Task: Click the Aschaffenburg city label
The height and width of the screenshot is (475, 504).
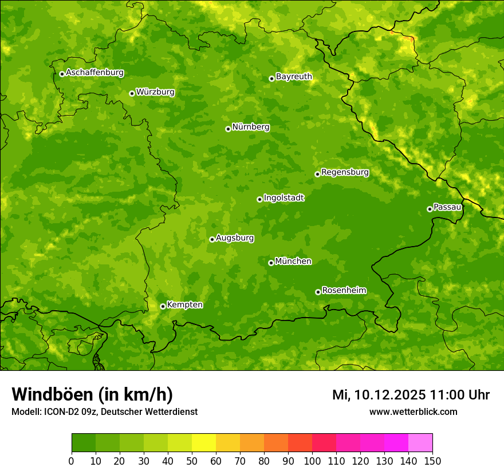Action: [x=94, y=73]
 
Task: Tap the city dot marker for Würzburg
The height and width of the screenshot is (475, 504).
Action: [x=132, y=93]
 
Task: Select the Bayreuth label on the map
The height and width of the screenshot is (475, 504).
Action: [x=294, y=77]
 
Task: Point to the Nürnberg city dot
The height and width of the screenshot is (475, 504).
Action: [x=228, y=129]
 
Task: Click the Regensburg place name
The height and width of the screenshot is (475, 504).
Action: [x=345, y=172]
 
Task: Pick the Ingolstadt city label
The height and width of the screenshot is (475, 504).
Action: [x=283, y=198]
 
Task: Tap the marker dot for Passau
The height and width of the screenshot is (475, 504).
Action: [x=430, y=209]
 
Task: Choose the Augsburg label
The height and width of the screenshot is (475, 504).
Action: [x=234, y=238]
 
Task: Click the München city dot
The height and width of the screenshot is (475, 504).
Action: [x=271, y=263]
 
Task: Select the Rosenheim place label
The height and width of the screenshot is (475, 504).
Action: [x=344, y=291]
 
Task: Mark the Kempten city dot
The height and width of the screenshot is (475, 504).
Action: [x=163, y=306]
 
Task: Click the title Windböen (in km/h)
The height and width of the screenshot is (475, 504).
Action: [x=92, y=394]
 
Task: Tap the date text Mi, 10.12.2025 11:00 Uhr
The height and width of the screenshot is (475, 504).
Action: [x=411, y=395]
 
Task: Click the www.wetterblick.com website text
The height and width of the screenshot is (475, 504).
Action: [x=413, y=411]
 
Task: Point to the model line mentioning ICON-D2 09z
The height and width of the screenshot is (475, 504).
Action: [x=104, y=411]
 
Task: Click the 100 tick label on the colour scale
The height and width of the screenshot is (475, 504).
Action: [x=312, y=461]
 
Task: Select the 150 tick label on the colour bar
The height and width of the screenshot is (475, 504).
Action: [x=432, y=461]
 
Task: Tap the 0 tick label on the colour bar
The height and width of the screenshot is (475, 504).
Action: [x=72, y=461]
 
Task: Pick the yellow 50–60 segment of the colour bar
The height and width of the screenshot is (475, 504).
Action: [x=204, y=443]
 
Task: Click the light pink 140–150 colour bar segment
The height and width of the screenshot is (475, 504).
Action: [x=420, y=443]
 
